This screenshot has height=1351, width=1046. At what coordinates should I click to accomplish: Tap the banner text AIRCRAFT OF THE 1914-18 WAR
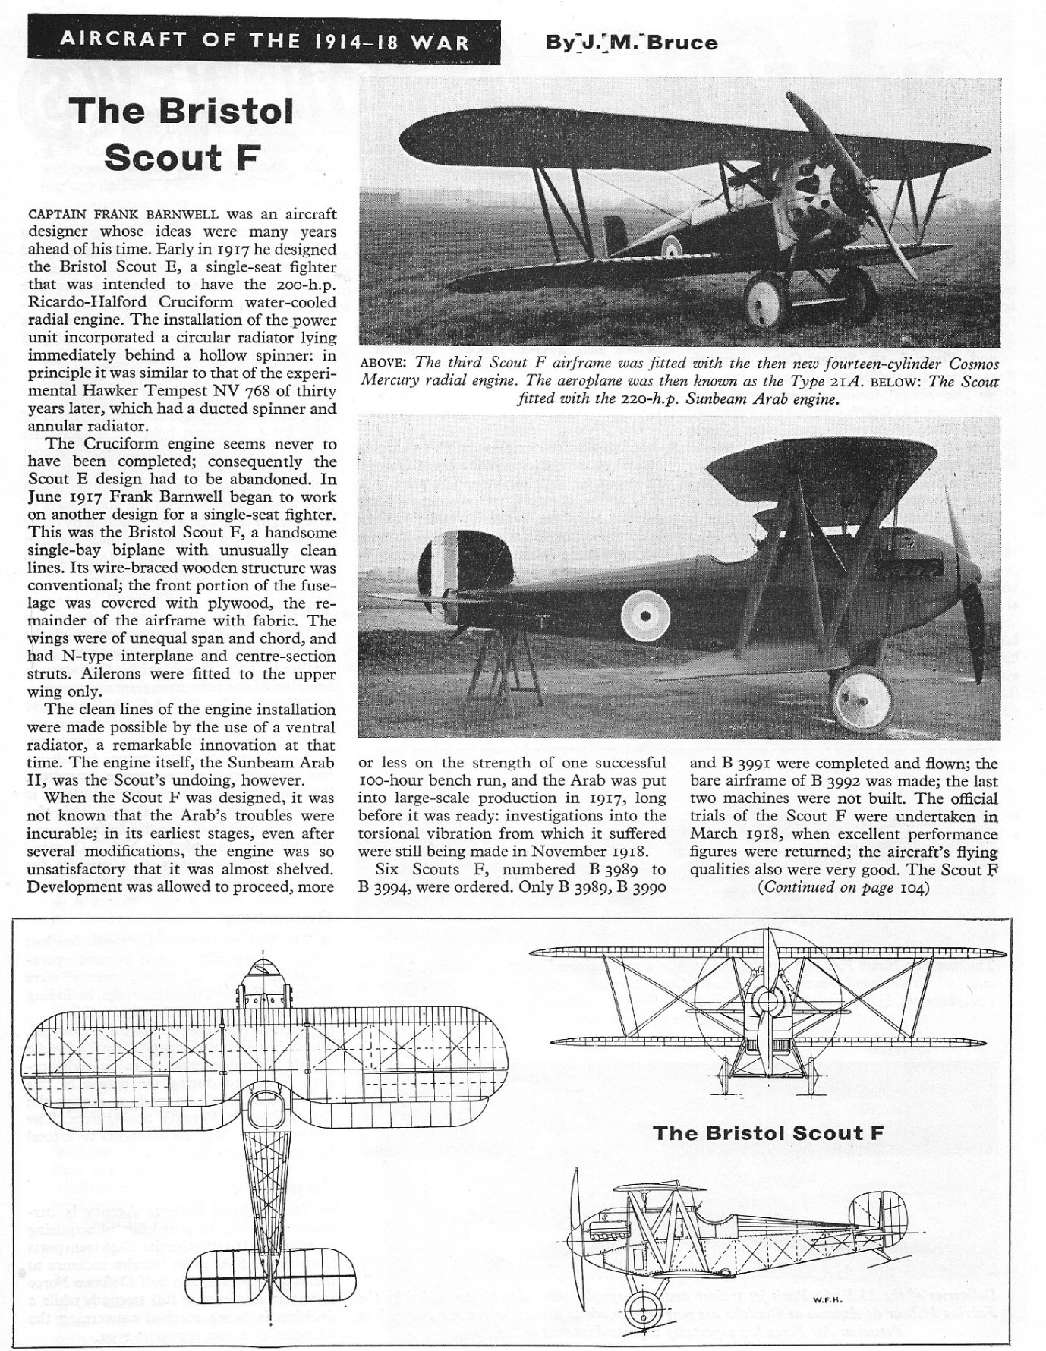(x=263, y=41)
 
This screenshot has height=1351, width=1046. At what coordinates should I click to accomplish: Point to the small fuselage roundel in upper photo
(x=670, y=245)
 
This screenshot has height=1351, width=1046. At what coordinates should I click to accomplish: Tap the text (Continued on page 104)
(x=843, y=888)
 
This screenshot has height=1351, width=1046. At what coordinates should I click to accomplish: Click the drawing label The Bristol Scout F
(x=767, y=1133)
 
